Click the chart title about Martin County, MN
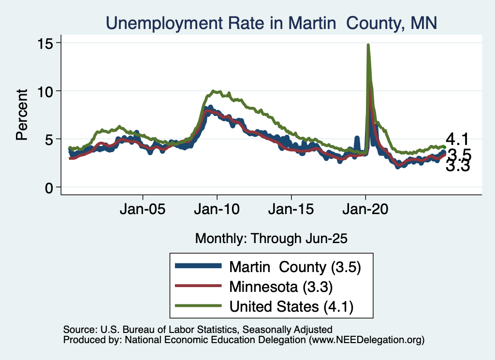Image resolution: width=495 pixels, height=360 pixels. coord(271,23)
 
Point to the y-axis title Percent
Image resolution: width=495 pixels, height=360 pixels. coord(21,115)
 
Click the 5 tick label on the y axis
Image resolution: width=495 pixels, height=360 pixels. coord(48,139)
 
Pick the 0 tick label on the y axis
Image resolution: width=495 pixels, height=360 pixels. coord(48,187)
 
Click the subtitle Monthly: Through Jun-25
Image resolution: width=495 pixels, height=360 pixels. coord(271,238)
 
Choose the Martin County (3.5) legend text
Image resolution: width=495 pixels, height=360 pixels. coord(295,266)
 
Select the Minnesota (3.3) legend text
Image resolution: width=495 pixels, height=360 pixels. coord(280,287)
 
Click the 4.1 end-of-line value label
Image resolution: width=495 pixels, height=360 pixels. coord(457,140)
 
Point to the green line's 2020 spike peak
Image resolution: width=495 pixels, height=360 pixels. coord(368,45)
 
